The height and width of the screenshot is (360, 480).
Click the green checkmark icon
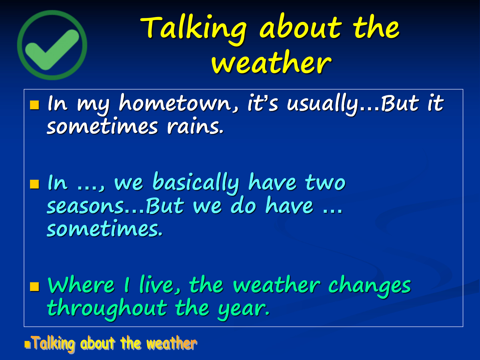pyautogui.click(x=52, y=45)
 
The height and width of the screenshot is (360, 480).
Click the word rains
pyautogui.click(x=195, y=126)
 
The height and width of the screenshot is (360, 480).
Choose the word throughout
pyautogui.click(x=107, y=309)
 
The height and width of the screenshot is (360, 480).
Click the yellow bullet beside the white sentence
pyautogui.click(x=34, y=105)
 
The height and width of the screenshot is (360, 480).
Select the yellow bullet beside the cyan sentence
pyautogui.click(x=34, y=184)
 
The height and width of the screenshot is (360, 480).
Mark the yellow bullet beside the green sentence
pyautogui.click(x=34, y=287)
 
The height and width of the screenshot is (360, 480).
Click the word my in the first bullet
pyautogui.click(x=93, y=105)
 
